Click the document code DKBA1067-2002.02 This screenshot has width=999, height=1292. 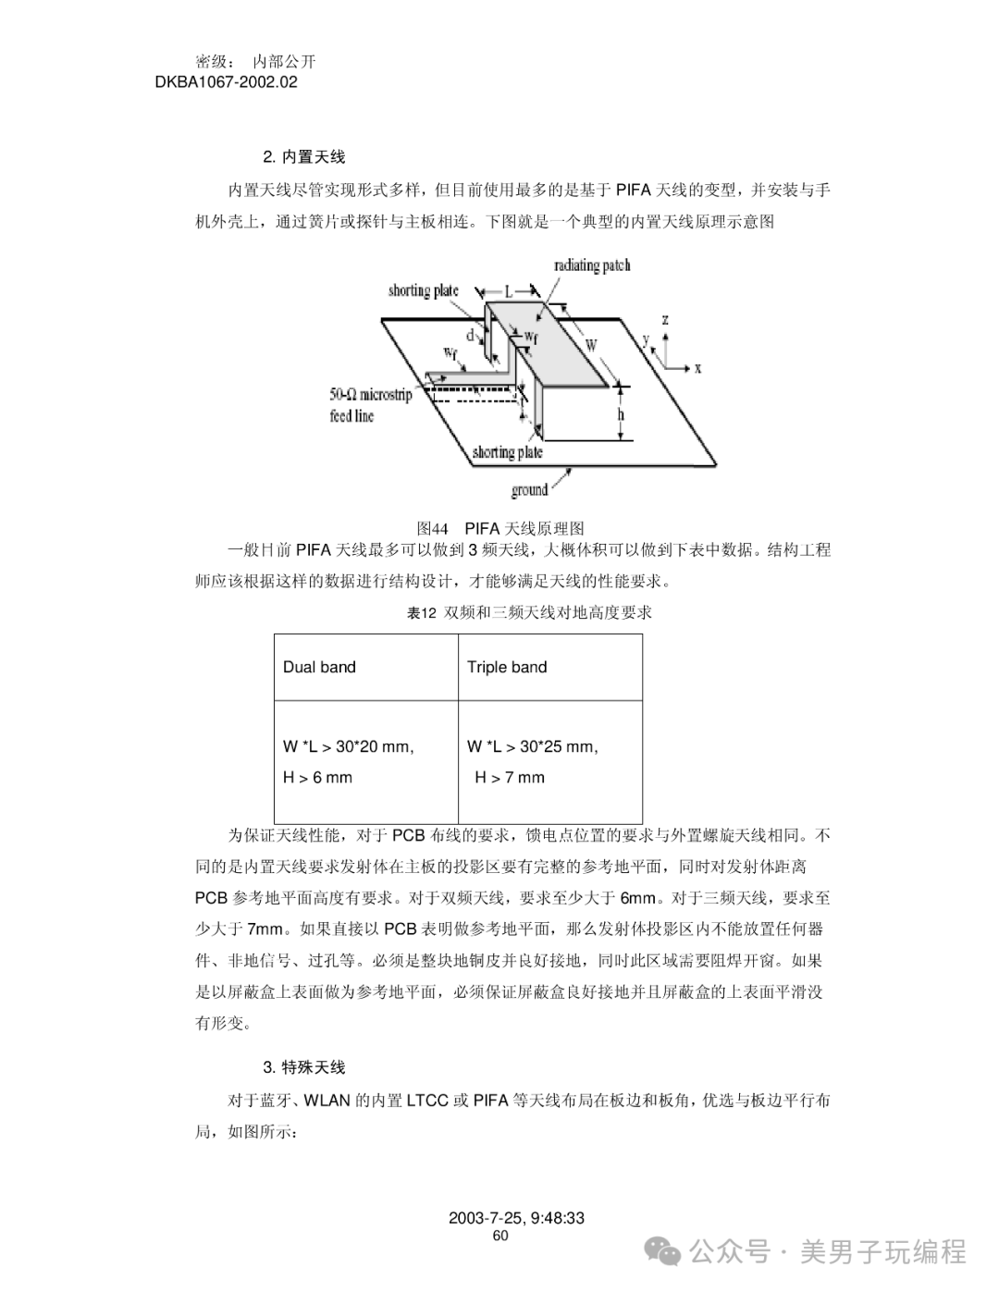pyautogui.click(x=227, y=82)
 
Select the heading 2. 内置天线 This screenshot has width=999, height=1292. pyautogui.click(x=304, y=157)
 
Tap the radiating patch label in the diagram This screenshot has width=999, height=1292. pyautogui.click(x=592, y=266)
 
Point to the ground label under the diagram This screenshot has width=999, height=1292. pyautogui.click(x=529, y=489)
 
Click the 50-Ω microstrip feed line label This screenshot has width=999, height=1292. pyautogui.click(x=370, y=405)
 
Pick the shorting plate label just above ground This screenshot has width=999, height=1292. pyautogui.click(x=507, y=452)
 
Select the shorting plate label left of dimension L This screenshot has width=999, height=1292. pyautogui.click(x=423, y=290)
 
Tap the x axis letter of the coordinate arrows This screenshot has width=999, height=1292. pyautogui.click(x=697, y=368)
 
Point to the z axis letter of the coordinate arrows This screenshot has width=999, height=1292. pyautogui.click(x=666, y=321)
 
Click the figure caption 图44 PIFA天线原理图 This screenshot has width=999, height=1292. pyautogui.click(x=500, y=528)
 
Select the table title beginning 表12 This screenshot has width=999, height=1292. pyautogui.click(x=530, y=612)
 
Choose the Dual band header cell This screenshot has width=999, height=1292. pyautogui.click(x=319, y=667)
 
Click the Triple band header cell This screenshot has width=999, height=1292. pyautogui.click(x=507, y=667)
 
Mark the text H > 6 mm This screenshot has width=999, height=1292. pyautogui.click(x=317, y=777)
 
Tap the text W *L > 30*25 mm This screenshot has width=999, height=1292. pyautogui.click(x=533, y=746)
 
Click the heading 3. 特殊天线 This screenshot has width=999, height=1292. pyautogui.click(x=304, y=1067)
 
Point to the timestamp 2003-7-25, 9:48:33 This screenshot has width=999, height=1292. pyautogui.click(x=516, y=1218)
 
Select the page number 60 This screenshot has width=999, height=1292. pyautogui.click(x=500, y=1236)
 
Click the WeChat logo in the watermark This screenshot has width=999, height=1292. pyautogui.click(x=665, y=1251)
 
